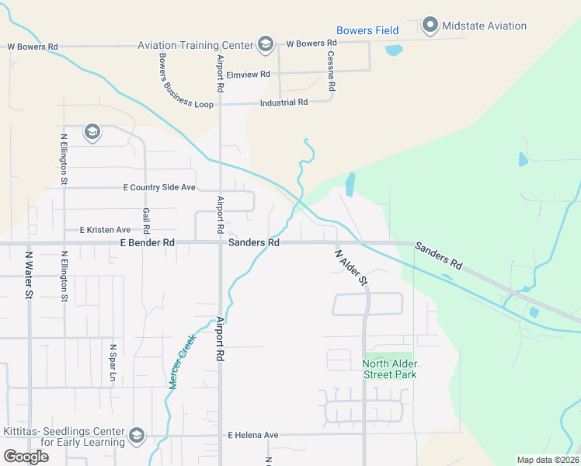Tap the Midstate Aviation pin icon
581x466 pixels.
click(x=430, y=26)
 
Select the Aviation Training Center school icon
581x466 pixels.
click(x=266, y=43)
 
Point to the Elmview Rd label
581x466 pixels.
click(x=248, y=75)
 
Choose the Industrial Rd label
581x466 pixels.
click(x=284, y=103)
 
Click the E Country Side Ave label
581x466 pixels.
click(x=159, y=188)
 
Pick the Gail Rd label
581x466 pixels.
click(x=146, y=221)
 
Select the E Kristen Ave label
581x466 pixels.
click(x=106, y=230)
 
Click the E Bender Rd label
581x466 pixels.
click(x=148, y=243)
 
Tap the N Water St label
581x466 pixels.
click(x=30, y=274)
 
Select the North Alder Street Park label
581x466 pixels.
click(x=390, y=369)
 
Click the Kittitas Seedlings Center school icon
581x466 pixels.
click(x=137, y=434)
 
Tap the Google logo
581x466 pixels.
click(x=26, y=457)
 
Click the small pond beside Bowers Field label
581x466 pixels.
click(x=394, y=50)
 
